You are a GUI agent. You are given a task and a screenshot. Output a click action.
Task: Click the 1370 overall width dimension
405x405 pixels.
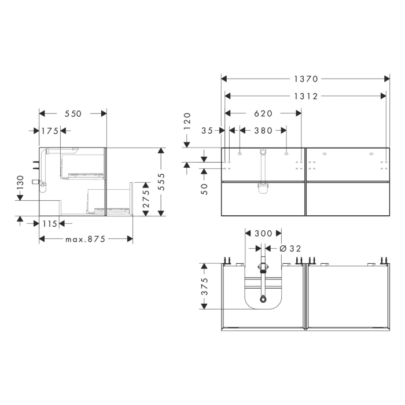point(305,79)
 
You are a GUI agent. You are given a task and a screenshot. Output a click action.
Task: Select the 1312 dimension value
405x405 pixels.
point(305,96)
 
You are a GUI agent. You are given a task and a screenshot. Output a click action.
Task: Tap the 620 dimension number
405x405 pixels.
point(263,113)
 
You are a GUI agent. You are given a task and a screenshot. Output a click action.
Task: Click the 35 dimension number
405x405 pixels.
point(208,131)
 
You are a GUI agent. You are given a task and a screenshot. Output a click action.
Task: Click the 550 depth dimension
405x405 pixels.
point(73,114)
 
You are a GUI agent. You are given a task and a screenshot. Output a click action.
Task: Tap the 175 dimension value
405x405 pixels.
point(50,131)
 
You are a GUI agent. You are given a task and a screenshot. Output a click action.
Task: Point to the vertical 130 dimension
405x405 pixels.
point(20,183)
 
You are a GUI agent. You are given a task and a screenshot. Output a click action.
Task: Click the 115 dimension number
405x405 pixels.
point(49,223)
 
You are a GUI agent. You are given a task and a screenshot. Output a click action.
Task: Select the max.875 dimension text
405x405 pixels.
point(86,239)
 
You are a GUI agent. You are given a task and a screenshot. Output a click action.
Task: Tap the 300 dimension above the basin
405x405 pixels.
point(263,234)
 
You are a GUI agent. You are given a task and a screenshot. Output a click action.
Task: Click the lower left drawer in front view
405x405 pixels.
point(263,198)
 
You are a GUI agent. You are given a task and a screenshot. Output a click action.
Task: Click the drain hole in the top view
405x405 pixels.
point(263,299)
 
